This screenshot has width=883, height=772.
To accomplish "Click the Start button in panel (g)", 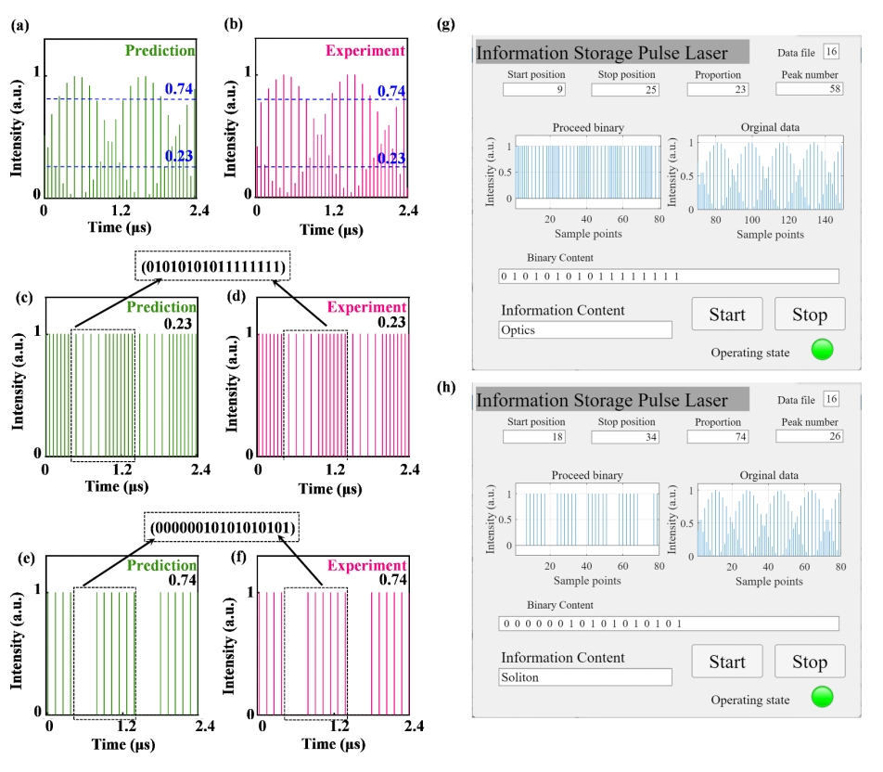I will (727, 315).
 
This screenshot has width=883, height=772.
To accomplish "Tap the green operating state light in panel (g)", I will (822, 352).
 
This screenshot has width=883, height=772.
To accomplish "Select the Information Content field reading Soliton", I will (584, 676).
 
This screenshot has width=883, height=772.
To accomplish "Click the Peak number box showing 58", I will (809, 89).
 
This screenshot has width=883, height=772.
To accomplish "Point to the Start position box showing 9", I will (534, 89).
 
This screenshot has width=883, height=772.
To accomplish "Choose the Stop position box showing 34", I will (623, 436).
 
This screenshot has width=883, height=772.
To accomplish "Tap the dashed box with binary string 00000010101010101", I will (223, 529).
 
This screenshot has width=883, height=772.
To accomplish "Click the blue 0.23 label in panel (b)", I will (391, 159).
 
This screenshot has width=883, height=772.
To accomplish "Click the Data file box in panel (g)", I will (831, 53).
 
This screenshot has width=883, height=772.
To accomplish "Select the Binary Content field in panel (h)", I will (668, 624).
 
